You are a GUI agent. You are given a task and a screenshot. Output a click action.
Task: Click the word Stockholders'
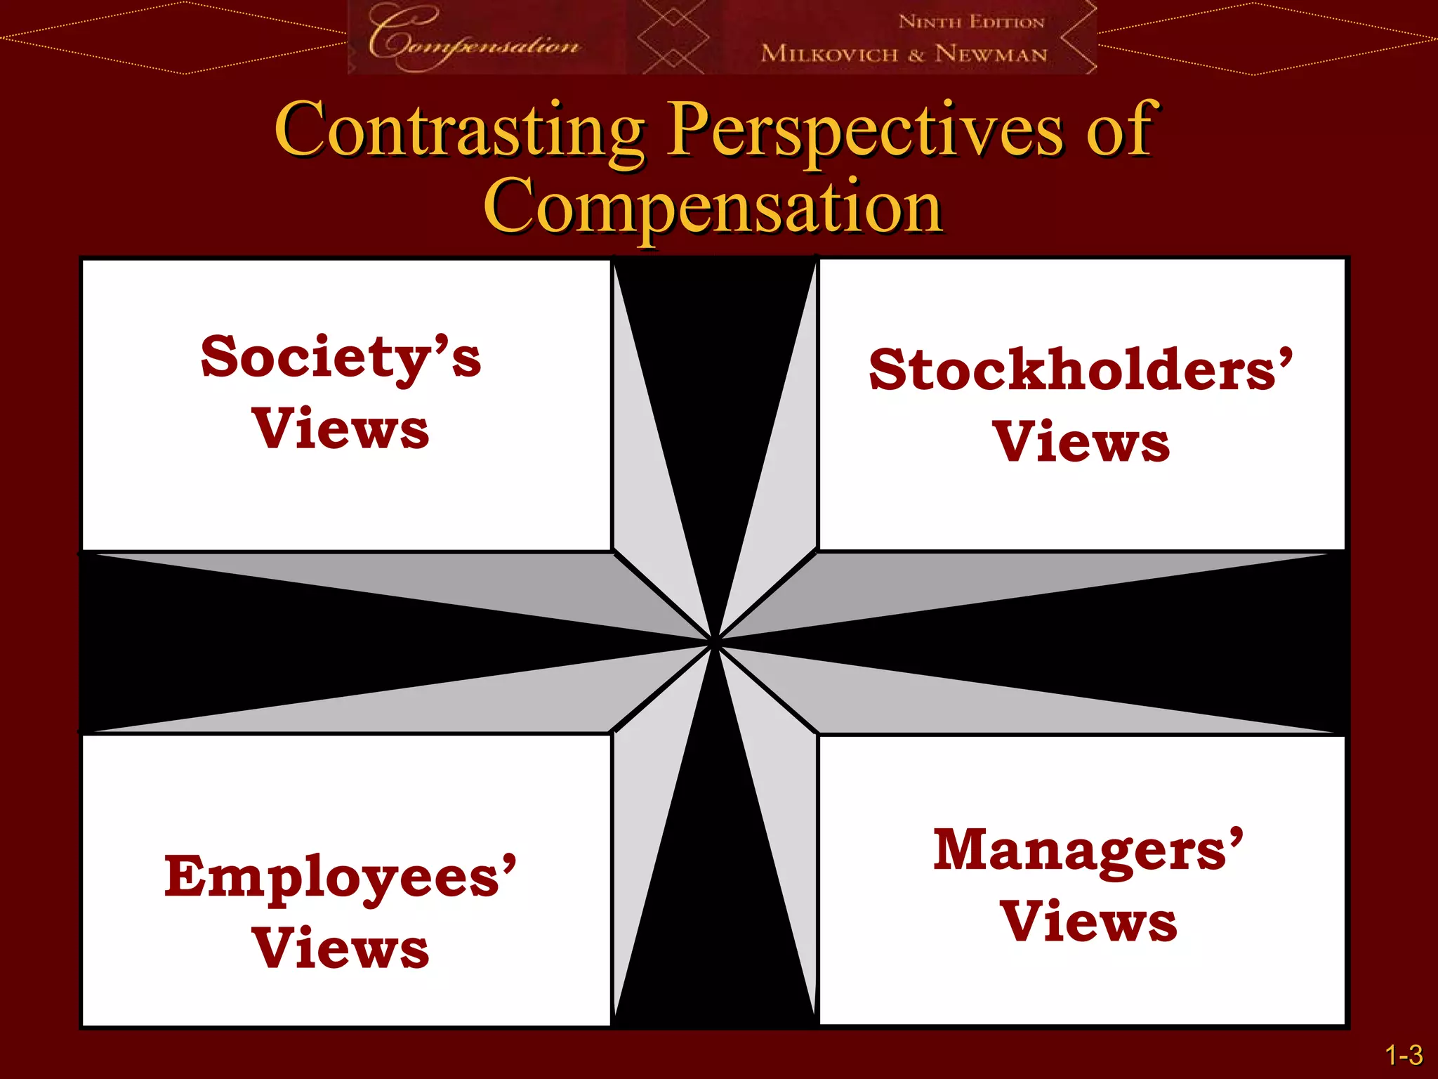[1081, 370]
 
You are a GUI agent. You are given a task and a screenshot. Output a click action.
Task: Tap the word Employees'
[341, 878]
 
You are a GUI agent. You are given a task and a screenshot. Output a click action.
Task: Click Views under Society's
[341, 429]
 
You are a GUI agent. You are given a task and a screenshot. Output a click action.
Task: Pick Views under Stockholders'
[1081, 443]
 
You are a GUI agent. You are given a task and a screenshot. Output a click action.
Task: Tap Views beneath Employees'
[341, 949]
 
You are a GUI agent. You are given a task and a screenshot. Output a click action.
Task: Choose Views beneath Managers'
[1088, 922]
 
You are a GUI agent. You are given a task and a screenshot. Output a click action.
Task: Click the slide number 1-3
[1404, 1055]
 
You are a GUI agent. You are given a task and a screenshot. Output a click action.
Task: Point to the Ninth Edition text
[972, 22]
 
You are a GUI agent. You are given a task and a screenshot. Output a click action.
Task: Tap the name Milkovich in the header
[829, 53]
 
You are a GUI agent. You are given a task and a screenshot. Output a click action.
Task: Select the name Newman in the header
[991, 53]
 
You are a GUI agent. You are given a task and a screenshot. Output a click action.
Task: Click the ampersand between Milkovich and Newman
[916, 55]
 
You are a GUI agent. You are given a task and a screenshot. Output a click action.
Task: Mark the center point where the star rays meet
[715, 642]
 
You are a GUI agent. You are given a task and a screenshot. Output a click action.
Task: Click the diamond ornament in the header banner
[673, 37]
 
